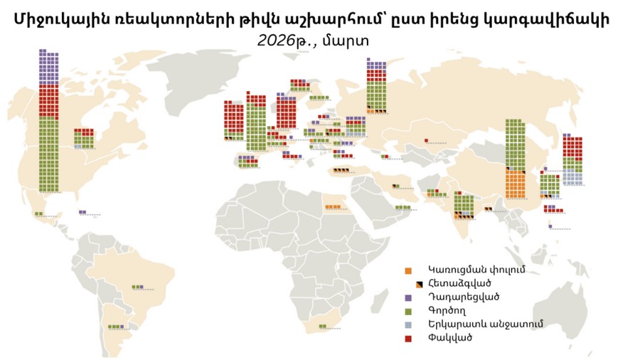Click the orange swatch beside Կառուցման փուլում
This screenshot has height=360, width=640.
tap(407, 271)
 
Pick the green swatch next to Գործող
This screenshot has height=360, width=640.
tap(407, 310)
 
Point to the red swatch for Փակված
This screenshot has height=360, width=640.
tap(407, 337)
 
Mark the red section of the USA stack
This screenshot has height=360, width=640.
tap(48, 102)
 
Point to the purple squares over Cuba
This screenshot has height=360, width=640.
tap(82, 211)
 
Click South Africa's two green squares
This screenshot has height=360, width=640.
tap(323, 326)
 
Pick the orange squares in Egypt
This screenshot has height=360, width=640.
tap(332, 208)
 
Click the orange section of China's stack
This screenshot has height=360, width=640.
tap(515, 183)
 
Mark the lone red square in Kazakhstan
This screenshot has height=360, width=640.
tap(426, 141)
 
